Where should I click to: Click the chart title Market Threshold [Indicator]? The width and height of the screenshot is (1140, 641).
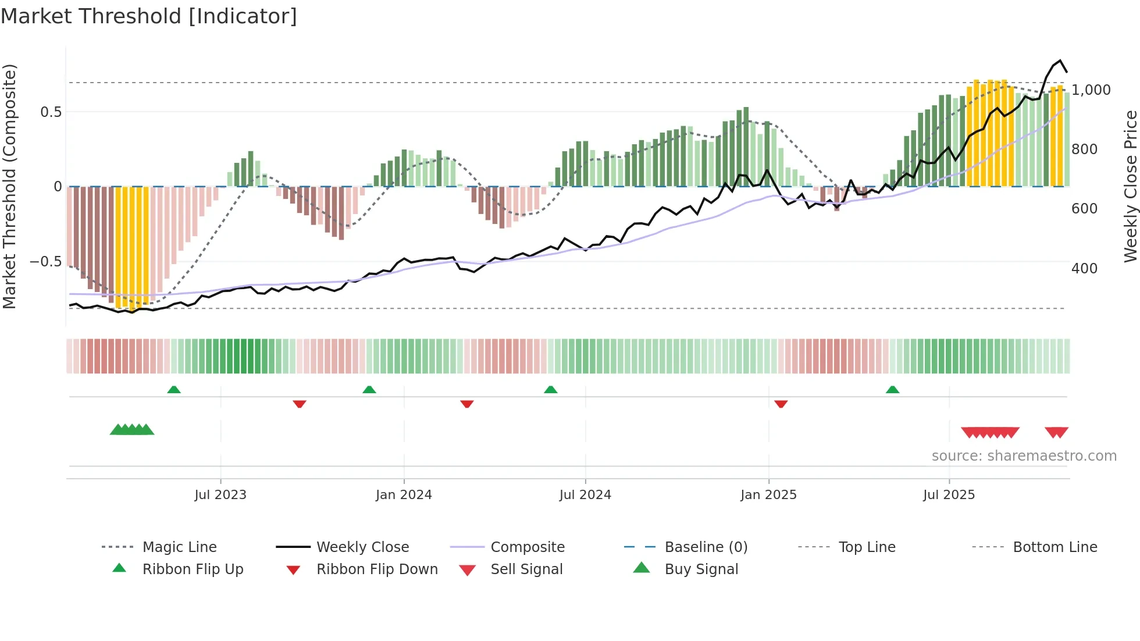[149, 16]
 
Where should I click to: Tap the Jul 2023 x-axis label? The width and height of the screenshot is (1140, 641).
[220, 495]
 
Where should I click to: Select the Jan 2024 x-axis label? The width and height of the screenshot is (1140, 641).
[404, 495]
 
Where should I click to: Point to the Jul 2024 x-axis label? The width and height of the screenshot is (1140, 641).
[585, 495]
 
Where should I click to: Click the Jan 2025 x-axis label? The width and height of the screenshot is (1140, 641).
[768, 495]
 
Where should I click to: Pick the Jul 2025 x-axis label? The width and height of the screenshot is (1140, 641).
[949, 495]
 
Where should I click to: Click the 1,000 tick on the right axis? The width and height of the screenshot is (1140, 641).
[1091, 90]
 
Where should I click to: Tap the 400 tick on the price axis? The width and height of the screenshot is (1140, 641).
[1084, 269]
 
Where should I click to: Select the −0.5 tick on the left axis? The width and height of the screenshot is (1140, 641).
[46, 262]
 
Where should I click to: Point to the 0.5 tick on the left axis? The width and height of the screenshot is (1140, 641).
[51, 112]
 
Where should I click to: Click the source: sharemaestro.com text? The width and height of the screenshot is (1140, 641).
[1024, 456]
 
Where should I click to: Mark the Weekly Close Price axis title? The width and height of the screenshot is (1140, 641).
[1130, 186]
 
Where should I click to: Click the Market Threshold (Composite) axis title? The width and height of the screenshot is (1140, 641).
[9, 186]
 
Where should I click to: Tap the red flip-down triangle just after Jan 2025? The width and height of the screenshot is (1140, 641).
[781, 404]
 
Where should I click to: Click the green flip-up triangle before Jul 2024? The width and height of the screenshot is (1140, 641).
[550, 390]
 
